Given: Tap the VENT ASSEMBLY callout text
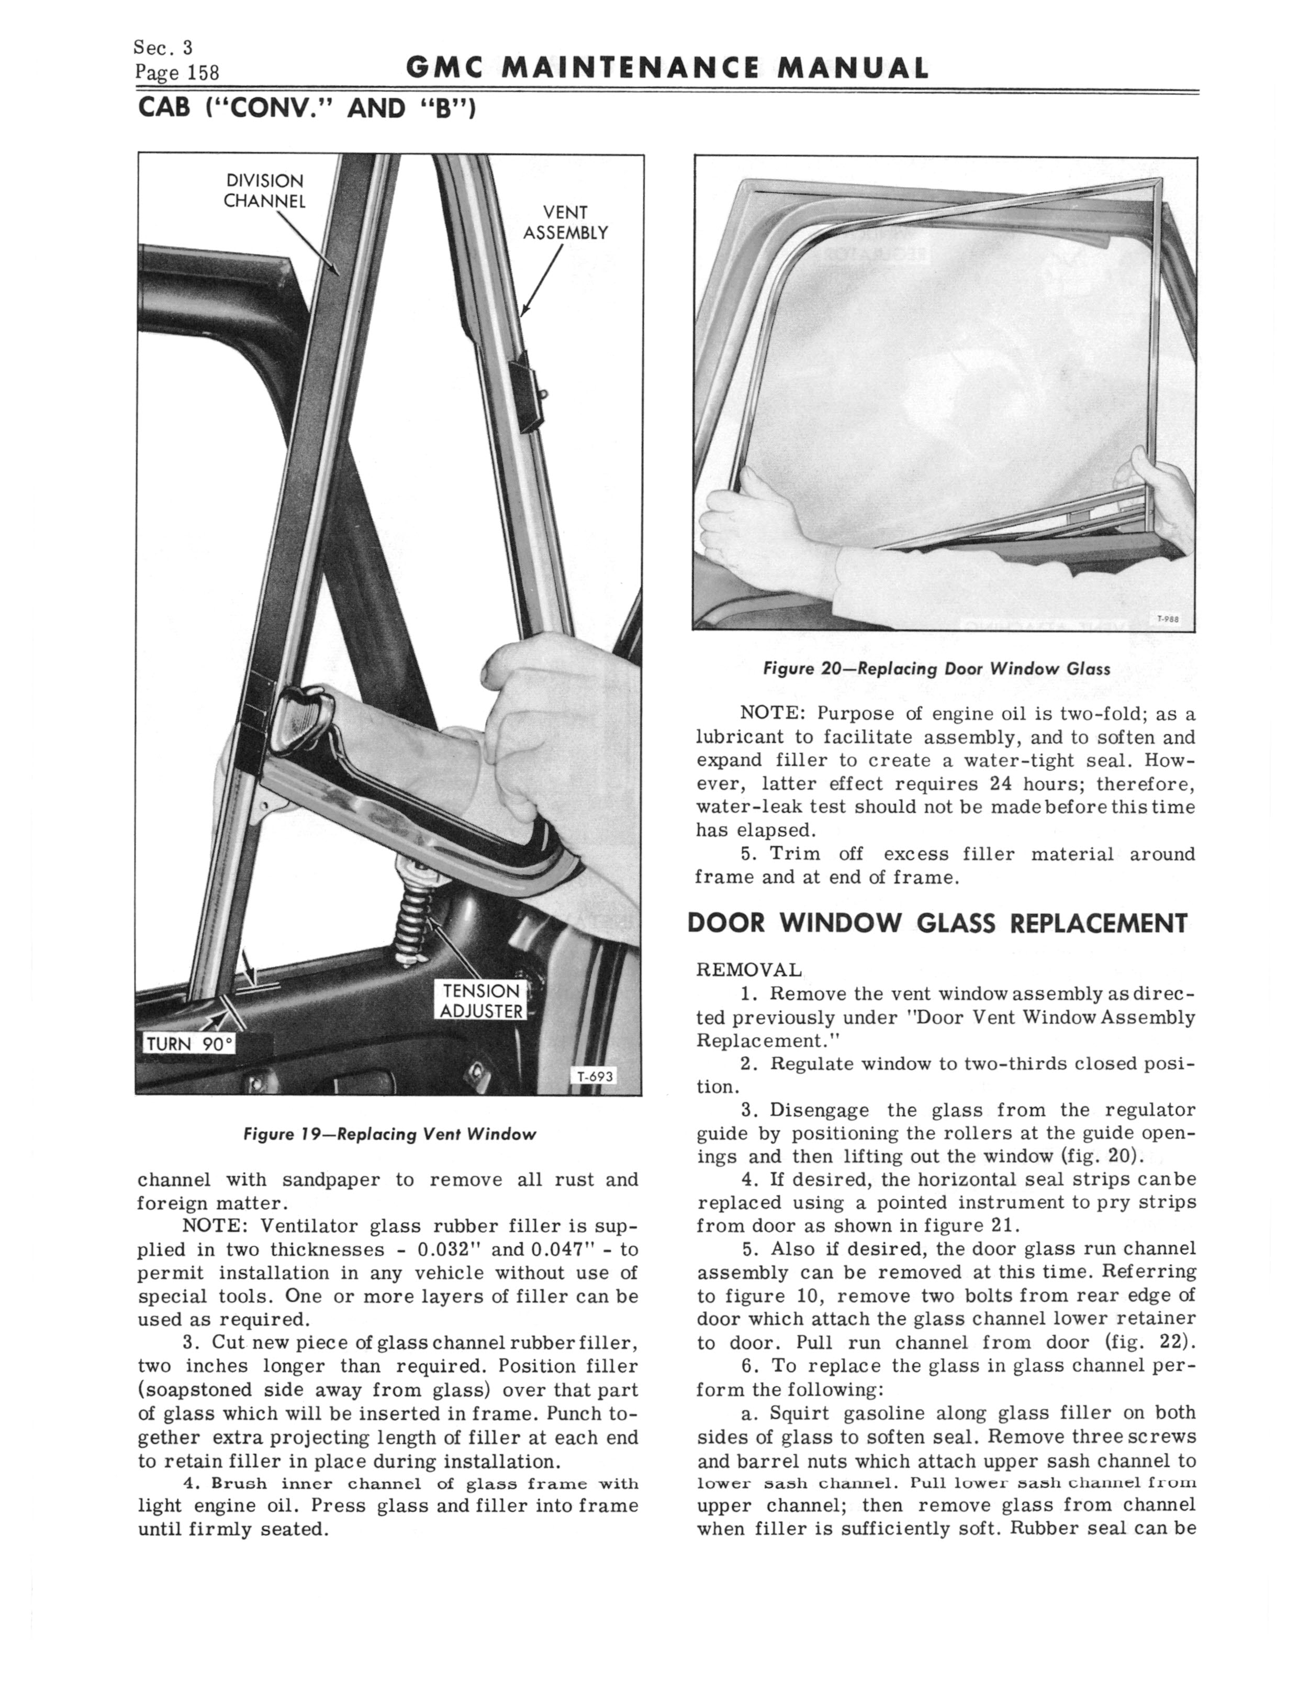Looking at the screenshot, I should coord(566,223).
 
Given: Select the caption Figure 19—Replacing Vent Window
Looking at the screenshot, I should coord(389,1134).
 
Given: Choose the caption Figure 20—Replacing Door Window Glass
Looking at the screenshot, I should coord(936,669).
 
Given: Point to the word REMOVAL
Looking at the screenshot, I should coord(748,970).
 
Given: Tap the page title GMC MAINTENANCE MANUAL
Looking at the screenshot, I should coord(666,70).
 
